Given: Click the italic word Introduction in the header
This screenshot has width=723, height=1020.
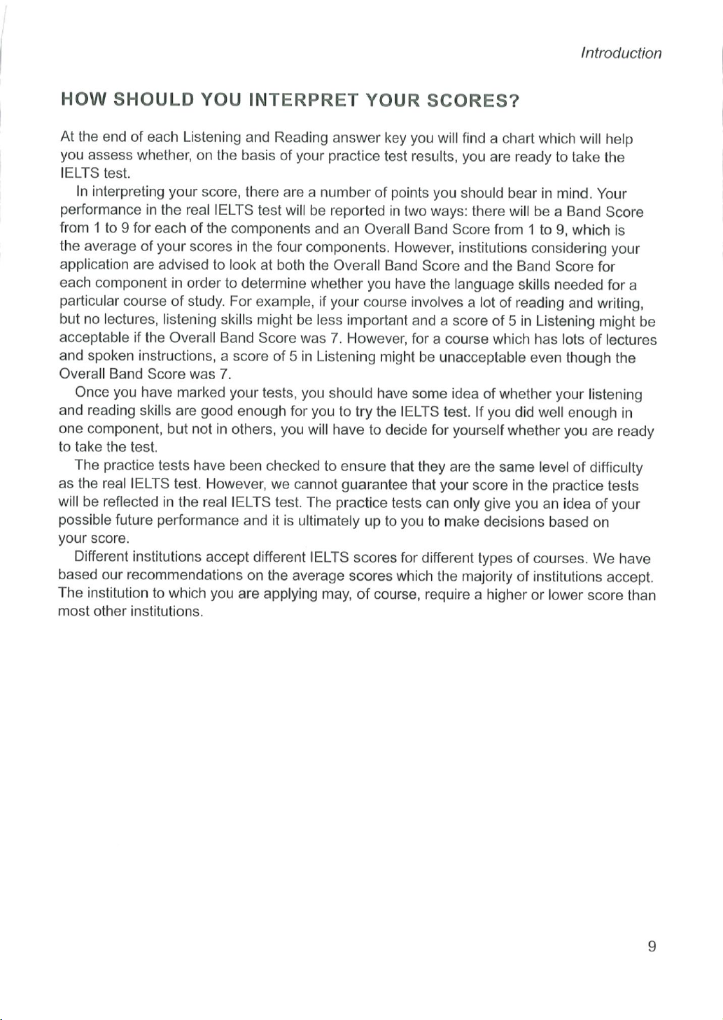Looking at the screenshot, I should (x=621, y=53).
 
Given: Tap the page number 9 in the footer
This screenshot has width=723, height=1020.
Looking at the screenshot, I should (x=652, y=947).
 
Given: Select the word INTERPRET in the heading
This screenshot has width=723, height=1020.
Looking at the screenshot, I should (x=303, y=101).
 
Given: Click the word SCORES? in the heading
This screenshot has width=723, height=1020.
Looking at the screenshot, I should (x=473, y=101).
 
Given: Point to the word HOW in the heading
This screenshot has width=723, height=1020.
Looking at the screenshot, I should (x=83, y=101).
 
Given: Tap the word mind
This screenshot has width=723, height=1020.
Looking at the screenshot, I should (x=575, y=193).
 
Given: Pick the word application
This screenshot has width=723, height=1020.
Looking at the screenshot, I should (x=94, y=266).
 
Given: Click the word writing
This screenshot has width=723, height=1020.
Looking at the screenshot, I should (x=620, y=303).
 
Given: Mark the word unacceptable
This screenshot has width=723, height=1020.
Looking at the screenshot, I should (x=482, y=357).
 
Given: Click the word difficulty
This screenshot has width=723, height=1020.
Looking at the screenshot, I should (x=615, y=467).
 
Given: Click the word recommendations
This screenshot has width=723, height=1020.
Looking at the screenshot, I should (x=185, y=576).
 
